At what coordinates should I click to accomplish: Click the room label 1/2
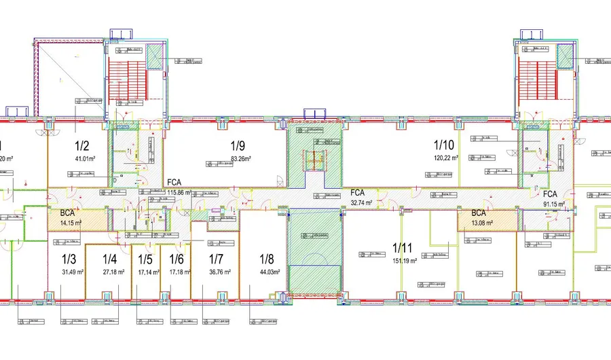tap(82, 145)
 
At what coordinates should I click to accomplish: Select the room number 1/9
tap(238, 145)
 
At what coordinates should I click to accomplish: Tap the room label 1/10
tap(443, 144)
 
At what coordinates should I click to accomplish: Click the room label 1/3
tap(69, 259)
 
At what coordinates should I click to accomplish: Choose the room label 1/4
tap(110, 259)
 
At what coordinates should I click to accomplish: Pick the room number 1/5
tap(145, 259)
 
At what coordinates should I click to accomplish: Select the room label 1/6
tap(177, 259)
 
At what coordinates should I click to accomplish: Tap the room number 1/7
tap(216, 259)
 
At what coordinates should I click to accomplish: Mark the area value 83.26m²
tap(241, 159)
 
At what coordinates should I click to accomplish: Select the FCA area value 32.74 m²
tap(363, 202)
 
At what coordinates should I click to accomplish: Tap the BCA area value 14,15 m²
tap(70, 222)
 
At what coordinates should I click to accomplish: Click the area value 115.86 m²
tap(179, 192)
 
